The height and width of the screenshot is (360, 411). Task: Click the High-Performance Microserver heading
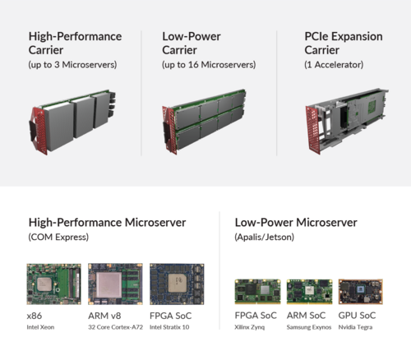pyautogui.click(x=107, y=222)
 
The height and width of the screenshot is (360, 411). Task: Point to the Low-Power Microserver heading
pyautogui.click(x=295, y=222)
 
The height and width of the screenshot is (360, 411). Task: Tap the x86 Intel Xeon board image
pyautogui.click(x=53, y=284)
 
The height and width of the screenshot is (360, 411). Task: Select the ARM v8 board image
pyautogui.click(x=114, y=284)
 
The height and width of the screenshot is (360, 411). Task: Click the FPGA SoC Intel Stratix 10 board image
pyautogui.click(x=176, y=284)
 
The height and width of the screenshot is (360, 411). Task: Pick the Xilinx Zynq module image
pyautogui.click(x=257, y=292)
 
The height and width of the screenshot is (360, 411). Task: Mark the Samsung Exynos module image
pyautogui.click(x=308, y=292)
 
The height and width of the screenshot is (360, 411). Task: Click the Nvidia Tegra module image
pyautogui.click(x=359, y=292)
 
